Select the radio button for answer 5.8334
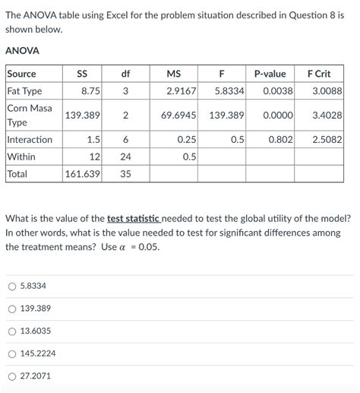tap(11, 286)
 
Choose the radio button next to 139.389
tap(11, 309)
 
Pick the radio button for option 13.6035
tap(11, 331)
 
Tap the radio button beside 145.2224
tap(11, 353)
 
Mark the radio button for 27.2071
tap(11, 376)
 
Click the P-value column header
tap(270, 74)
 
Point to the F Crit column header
tap(318, 74)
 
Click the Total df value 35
tap(125, 173)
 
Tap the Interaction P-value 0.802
tap(280, 140)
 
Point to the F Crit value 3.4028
tap(327, 116)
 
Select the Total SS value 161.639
tap(83, 173)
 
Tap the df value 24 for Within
tap(125, 157)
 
